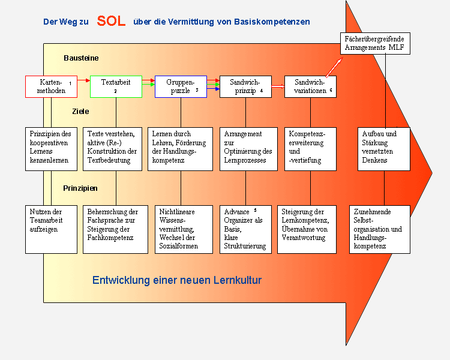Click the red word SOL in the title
click(x=111, y=21)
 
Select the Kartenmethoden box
click(x=52, y=86)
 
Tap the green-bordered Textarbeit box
click(x=116, y=86)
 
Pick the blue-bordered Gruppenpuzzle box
click(x=181, y=86)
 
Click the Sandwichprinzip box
click(x=245, y=86)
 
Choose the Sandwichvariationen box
click(x=310, y=86)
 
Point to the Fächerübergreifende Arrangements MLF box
click(x=375, y=43)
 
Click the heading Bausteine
click(x=81, y=58)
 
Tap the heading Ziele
click(x=80, y=112)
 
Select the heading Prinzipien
click(x=80, y=188)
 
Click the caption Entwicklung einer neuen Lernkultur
click(x=177, y=280)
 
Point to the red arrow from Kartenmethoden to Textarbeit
click(x=84, y=80)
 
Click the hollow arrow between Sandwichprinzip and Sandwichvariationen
click(x=278, y=86)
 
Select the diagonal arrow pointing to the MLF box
click(x=334, y=67)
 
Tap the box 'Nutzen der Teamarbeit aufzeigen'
click(x=52, y=229)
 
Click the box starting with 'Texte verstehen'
click(x=113, y=149)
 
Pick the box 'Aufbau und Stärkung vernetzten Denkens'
click(x=384, y=149)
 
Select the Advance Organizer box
click(x=245, y=229)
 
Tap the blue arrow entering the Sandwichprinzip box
click(x=213, y=89)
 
